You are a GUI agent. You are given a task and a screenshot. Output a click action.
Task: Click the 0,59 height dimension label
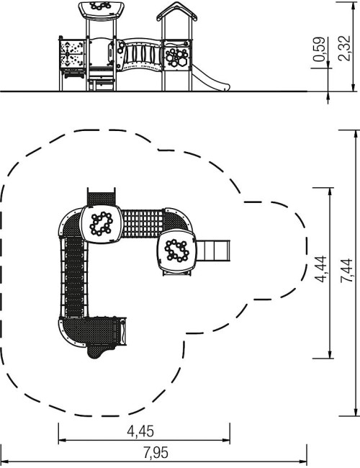point(320,49)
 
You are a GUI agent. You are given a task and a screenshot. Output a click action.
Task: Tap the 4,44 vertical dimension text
point(321,269)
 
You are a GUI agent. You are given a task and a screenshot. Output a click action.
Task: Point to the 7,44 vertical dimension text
point(346,271)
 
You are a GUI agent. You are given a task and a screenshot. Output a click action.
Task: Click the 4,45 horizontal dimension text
point(140,431)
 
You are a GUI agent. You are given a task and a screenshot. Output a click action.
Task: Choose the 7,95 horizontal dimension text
point(156,453)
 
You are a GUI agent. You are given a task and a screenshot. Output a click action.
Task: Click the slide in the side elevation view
point(210,79)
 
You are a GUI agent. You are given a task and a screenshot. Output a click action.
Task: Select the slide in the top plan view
point(213,251)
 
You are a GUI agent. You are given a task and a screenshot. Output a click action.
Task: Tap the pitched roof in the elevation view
point(177,12)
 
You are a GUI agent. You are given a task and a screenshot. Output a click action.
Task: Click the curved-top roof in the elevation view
point(102,10)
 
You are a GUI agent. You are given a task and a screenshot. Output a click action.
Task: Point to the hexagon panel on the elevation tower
point(176,56)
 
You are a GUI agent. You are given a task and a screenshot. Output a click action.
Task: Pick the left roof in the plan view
point(102,224)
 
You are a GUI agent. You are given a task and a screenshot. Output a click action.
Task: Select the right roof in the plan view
point(176,250)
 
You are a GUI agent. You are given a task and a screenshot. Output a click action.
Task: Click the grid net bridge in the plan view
point(143,223)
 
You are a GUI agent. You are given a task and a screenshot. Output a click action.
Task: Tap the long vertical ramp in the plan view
point(74,277)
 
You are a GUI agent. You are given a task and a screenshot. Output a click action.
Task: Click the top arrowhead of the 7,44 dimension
point(355,134)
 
